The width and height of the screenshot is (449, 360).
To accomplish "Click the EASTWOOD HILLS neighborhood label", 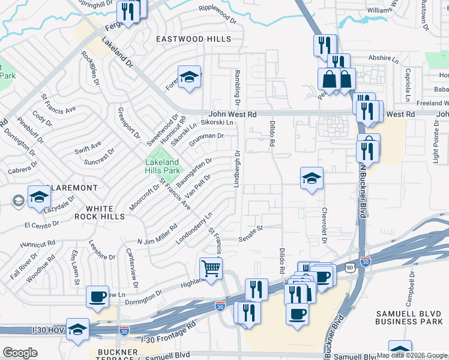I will pos(193,39).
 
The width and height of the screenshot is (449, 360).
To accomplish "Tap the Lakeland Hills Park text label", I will pos(163,166).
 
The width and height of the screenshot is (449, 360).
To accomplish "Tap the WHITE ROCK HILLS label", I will pos(101,212).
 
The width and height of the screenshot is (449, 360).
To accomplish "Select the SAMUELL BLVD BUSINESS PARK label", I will pos(412,319).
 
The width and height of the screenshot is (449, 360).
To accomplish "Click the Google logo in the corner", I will pos(20,353).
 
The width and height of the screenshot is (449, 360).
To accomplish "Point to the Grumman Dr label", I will pos(206,138).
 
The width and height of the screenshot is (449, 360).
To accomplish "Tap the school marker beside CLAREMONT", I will pos(39,197).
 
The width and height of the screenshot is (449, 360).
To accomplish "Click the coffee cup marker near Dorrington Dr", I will pos(97,296).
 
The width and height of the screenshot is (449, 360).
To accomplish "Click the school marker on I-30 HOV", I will pos(77,329).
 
